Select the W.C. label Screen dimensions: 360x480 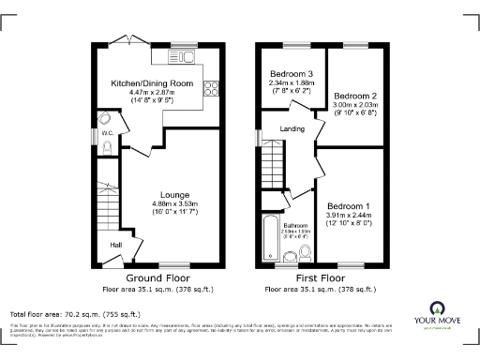click(x=107, y=133)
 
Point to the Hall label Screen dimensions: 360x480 click(x=117, y=245)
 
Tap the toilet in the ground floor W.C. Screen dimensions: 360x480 click(x=108, y=147)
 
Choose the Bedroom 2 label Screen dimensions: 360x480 click(x=355, y=96)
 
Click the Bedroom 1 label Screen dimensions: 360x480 click(x=348, y=205)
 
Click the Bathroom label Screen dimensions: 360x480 click(x=296, y=226)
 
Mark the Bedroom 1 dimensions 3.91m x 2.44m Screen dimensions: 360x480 click(x=348, y=216)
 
